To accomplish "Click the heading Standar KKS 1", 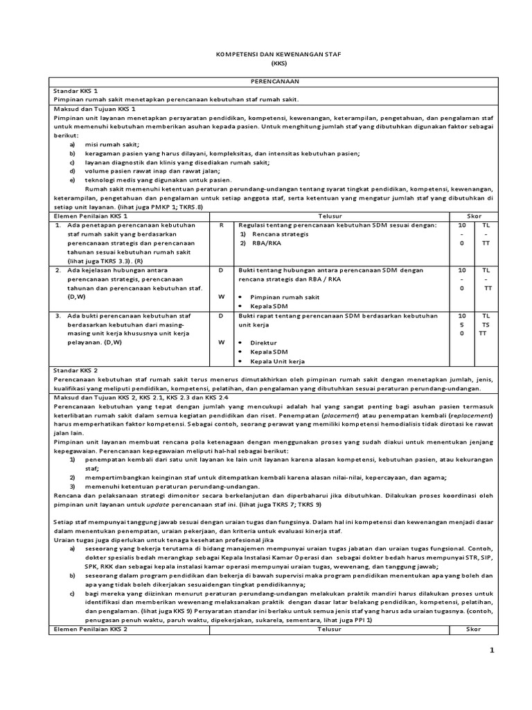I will point(76,91).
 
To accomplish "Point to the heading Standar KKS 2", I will point(76,370).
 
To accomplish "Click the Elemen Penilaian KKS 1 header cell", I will point(91,216).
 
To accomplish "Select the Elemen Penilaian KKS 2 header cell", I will point(91,629).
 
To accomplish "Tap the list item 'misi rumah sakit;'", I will point(108,144).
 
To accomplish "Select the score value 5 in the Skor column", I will point(461,324).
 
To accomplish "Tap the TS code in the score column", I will point(486,324).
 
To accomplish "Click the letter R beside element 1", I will point(222,225).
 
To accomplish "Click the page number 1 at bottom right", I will point(491,650).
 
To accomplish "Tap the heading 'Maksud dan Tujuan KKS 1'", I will point(94,109).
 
